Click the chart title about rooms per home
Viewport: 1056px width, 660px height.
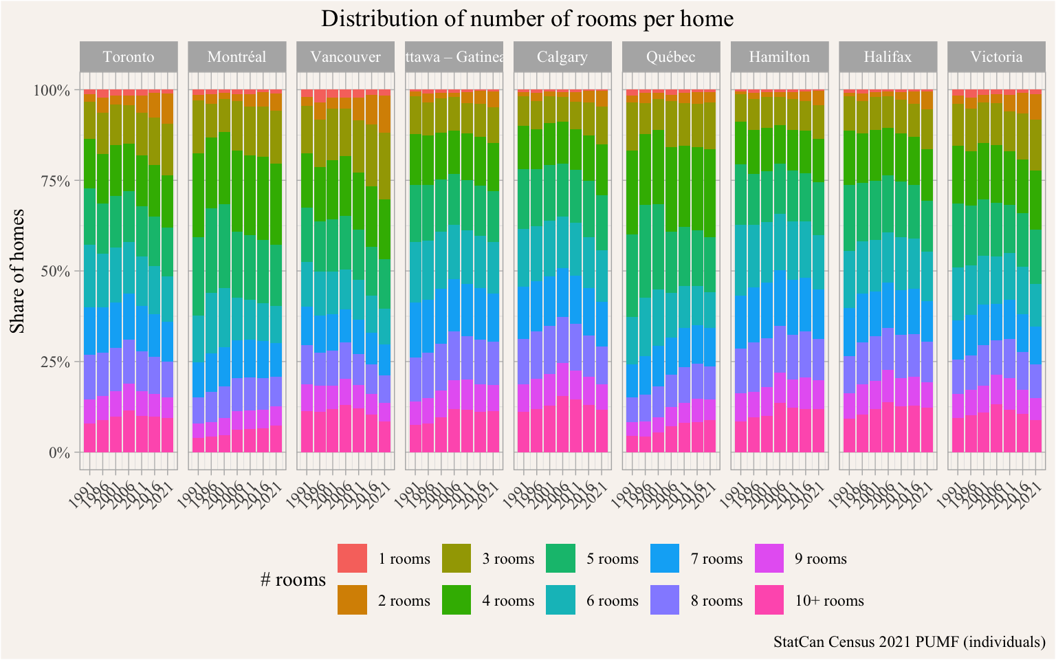coord(527,19)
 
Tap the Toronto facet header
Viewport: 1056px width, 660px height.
coord(129,56)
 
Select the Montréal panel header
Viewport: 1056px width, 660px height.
coord(236,56)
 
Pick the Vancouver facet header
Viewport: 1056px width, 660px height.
coord(345,56)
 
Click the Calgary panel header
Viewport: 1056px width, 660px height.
coord(562,56)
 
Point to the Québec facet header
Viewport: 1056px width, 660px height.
coord(671,56)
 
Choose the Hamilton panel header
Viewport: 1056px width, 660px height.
coord(780,56)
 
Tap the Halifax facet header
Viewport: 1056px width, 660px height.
coord(888,56)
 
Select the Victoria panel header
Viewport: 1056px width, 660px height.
coord(997,56)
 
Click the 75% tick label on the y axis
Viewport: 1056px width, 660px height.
coord(53,181)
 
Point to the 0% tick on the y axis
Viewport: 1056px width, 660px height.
coord(58,452)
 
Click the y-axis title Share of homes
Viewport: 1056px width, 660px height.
coord(19,271)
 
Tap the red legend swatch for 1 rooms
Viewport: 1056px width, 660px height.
coord(352,558)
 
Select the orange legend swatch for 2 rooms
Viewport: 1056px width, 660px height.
coord(352,600)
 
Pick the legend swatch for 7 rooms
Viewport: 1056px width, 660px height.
coord(664,558)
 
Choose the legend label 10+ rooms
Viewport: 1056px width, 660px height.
coord(829,601)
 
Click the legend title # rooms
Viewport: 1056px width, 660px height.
coord(293,580)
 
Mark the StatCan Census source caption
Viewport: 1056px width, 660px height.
coord(909,642)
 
